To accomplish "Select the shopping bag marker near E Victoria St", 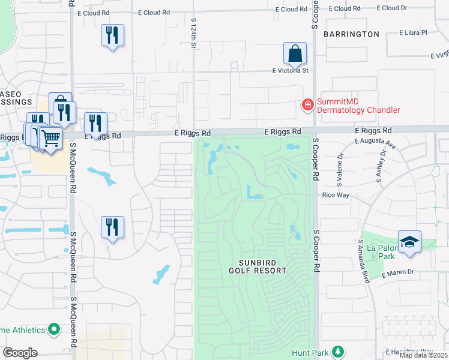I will [x=295, y=55].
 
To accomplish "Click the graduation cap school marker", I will [x=409, y=242].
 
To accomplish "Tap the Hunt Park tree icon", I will [x=339, y=352].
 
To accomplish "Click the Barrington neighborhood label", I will [x=351, y=34].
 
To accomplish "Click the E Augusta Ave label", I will [x=375, y=145].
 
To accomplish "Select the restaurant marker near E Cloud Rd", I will [x=113, y=36].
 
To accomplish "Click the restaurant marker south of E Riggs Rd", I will [x=112, y=227].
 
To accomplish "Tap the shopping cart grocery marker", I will [x=50, y=139].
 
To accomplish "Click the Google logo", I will [x=20, y=352].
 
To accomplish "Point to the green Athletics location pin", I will [x=54, y=329].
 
